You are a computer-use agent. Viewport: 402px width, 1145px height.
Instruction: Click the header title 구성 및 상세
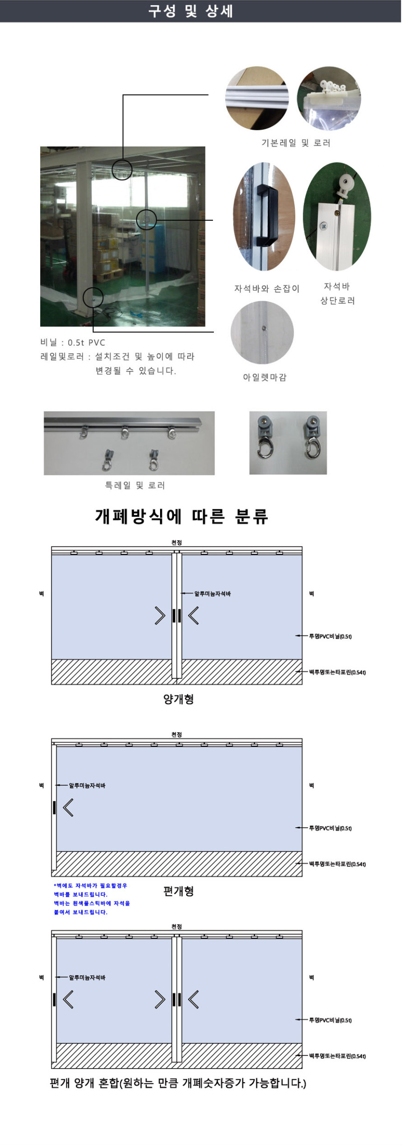coord(190,11)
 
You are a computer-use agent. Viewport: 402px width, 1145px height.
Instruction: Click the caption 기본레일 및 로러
coord(296,143)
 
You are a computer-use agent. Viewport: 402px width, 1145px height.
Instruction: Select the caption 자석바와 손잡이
coord(267,289)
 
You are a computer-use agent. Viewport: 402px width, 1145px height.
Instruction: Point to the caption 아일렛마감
coord(264,377)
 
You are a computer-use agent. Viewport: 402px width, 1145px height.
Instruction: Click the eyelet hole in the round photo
coord(264,328)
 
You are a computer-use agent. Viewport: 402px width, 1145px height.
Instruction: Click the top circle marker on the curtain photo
coord(122,170)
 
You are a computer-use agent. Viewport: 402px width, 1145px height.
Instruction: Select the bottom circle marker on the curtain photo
coord(93,298)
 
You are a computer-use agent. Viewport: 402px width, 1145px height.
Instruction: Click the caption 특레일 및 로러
coord(135,485)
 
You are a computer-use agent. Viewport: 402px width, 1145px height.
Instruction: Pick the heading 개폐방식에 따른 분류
coord(182,516)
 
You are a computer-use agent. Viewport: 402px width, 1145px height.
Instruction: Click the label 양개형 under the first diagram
coord(178,699)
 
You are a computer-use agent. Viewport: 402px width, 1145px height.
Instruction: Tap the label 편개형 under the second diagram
coord(178,891)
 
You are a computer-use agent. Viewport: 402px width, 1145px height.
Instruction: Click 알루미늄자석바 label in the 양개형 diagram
coord(212,594)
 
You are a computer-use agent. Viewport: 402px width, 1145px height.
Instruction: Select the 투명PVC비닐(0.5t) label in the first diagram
coord(330,636)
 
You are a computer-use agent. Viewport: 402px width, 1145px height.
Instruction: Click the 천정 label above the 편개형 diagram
coord(176,735)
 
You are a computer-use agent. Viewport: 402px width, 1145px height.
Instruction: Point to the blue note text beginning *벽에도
coord(92,899)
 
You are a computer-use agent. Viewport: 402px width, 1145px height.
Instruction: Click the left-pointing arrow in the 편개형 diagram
coord(68,808)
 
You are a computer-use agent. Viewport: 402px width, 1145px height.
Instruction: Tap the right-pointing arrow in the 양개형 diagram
coord(160,616)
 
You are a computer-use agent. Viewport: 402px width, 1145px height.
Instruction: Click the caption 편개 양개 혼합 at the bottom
coord(178,1083)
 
